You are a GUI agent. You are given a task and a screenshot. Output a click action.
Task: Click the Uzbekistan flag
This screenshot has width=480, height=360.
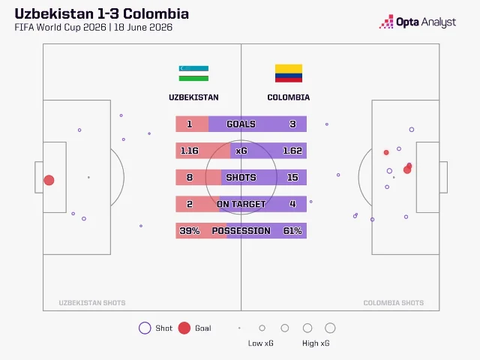click(193, 73)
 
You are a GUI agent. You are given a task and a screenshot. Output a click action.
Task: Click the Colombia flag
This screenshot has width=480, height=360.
click(289, 73)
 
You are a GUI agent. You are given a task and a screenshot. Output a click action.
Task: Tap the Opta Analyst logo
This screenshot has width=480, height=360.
click(418, 22)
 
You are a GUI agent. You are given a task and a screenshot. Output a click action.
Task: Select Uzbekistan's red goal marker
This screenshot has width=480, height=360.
click(49, 180)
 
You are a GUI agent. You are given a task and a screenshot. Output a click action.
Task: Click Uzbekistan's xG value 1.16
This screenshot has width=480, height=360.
click(190, 151)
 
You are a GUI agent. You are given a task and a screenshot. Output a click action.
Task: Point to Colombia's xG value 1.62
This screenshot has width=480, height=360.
click(292, 151)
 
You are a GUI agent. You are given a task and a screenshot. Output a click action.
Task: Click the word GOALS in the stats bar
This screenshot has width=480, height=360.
click(241, 124)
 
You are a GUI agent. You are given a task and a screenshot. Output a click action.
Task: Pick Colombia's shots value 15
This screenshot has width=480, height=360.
click(292, 177)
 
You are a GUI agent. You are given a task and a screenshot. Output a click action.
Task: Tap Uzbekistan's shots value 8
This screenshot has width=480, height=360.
click(190, 177)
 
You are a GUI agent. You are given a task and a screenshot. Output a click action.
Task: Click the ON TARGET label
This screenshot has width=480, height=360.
click(241, 204)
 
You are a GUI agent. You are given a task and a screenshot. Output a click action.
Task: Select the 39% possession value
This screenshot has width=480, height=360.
click(190, 230)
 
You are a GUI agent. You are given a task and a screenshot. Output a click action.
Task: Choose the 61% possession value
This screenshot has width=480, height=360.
click(292, 230)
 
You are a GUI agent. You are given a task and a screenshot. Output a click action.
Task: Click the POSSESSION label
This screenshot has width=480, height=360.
click(241, 230)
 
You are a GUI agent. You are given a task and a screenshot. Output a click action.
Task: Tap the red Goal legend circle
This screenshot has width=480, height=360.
click(184, 328)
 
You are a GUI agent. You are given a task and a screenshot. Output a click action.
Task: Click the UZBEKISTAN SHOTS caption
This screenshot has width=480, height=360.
click(92, 303)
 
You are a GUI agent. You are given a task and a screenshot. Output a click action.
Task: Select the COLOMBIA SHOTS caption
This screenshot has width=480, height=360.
click(393, 303)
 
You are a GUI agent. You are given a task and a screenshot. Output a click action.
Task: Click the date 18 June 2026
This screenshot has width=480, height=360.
click(143, 27)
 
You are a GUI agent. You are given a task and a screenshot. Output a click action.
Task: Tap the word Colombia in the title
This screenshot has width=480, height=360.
click(156, 14)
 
